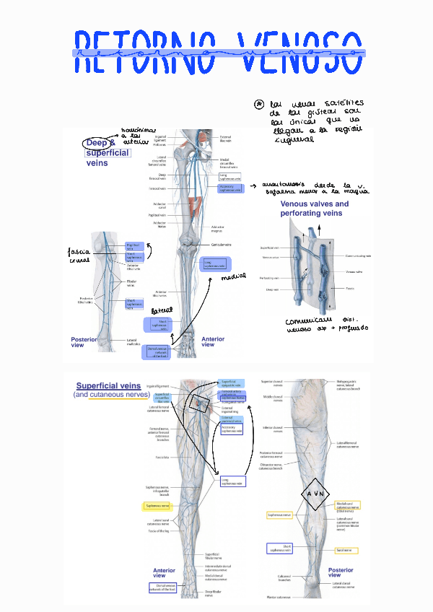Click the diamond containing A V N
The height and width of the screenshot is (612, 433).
click(x=315, y=494)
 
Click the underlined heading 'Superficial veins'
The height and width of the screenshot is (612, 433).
click(x=108, y=386)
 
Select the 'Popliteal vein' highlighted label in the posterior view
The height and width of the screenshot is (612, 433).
click(x=135, y=247)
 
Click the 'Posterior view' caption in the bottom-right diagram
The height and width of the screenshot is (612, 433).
click(x=340, y=572)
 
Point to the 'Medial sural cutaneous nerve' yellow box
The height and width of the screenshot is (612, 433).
click(x=346, y=506)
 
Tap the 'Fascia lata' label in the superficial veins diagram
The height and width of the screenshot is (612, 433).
click(x=162, y=457)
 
